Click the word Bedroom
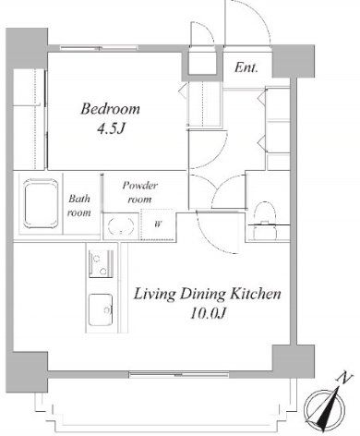tap(110, 109)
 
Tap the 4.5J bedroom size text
tap(111, 128)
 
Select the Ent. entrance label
tap(246, 67)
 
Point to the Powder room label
tap(140, 192)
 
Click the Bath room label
tap(79, 205)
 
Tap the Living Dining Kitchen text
tap(208, 294)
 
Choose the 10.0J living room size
tap(209, 313)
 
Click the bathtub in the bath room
tap(41, 203)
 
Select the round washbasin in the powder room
tap(121, 226)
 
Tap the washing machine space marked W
tap(158, 224)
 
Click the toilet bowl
tap(265, 220)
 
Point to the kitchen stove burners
tap(101, 263)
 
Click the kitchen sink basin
tap(101, 310)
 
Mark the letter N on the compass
tap(345, 378)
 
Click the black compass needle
tap(328, 409)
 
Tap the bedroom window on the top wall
tap(99, 48)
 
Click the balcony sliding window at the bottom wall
tap(179, 375)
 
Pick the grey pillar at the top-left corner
tap(27, 49)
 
